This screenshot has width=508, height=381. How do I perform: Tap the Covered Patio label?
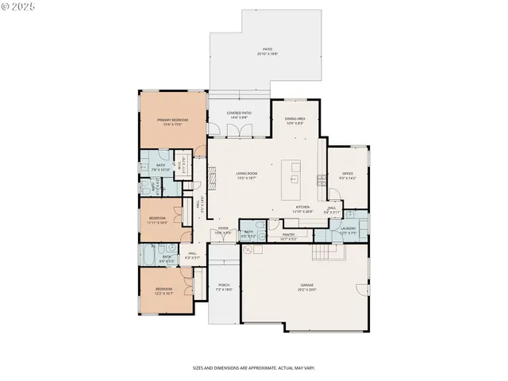[x=239, y=115]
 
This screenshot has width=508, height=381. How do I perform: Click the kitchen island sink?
[x=294, y=179]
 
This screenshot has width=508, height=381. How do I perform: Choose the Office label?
[x=347, y=175]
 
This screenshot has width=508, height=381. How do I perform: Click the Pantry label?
[x=288, y=236]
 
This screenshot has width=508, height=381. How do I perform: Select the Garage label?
[x=306, y=287]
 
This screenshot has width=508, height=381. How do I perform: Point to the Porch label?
[x=223, y=288]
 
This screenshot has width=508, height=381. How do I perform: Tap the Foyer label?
[x=224, y=230]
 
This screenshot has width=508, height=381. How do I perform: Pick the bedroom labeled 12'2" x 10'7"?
[x=164, y=291]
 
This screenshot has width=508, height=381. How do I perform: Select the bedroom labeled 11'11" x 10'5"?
[x=158, y=221]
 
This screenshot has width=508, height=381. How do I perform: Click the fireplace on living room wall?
[x=210, y=175]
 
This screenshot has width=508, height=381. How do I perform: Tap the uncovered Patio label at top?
[x=267, y=51]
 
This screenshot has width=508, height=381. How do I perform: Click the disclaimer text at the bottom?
[x=253, y=368]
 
